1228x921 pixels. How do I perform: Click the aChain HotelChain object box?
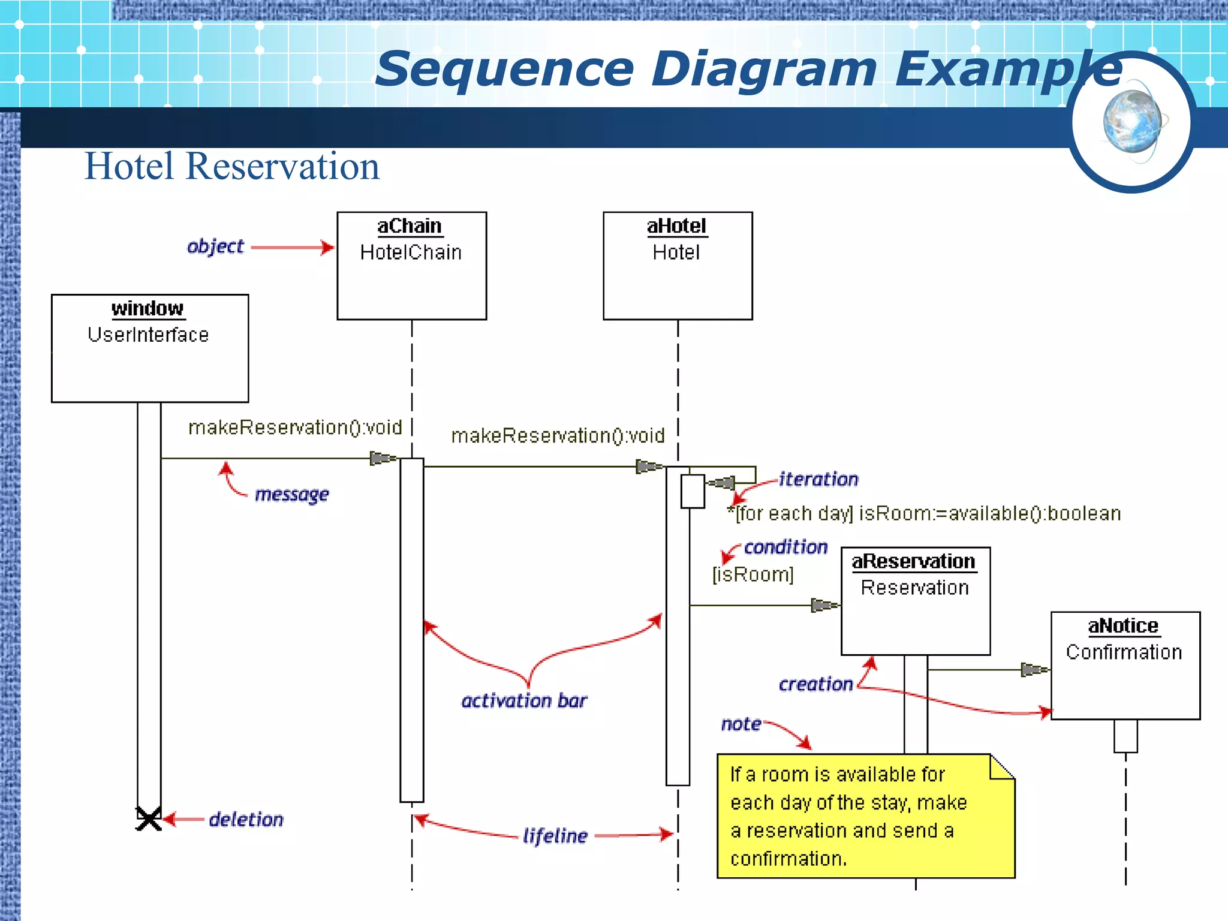point(411,266)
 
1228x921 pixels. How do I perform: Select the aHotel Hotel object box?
point(678,266)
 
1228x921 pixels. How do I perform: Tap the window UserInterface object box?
point(150,348)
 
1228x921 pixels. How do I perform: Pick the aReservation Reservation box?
point(915,600)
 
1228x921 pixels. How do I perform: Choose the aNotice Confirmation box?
point(1125,665)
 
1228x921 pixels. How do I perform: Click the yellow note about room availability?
point(865,816)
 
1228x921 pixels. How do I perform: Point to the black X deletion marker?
point(148,819)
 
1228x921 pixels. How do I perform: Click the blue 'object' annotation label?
point(215,246)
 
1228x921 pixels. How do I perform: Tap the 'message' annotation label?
point(292,494)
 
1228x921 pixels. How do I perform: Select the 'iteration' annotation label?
point(818,479)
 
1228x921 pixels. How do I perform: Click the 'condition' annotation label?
point(785,547)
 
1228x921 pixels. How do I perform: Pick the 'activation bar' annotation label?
point(524,700)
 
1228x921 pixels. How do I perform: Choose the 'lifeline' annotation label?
point(555,835)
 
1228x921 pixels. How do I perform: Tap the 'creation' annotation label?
point(815,684)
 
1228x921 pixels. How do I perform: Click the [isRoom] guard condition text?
point(753,574)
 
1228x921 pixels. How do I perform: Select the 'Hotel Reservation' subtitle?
point(231,166)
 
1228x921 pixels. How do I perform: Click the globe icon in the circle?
point(1132,122)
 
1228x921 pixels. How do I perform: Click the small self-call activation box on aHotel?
point(693,491)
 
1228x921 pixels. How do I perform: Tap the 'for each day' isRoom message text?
point(923,514)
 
